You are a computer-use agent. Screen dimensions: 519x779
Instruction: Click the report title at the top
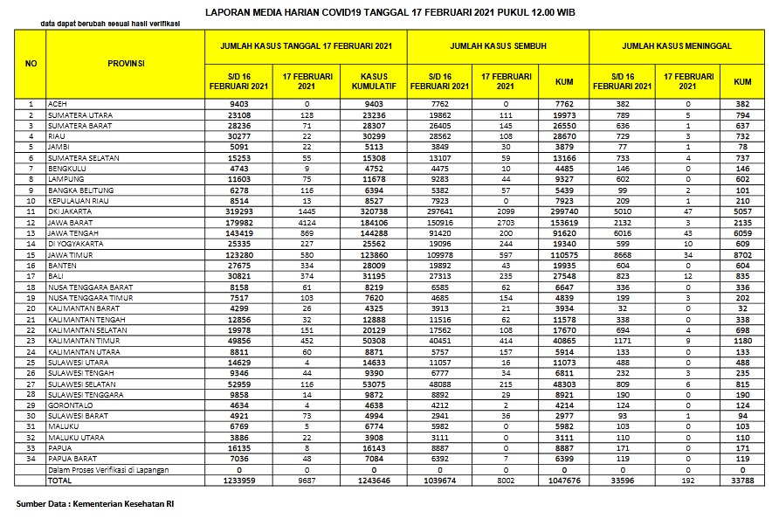(x=389, y=13)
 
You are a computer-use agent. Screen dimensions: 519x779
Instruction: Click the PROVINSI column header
(x=126, y=63)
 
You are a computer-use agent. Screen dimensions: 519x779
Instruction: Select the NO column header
(x=31, y=63)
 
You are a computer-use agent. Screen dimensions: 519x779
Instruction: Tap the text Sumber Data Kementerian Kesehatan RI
(x=94, y=504)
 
